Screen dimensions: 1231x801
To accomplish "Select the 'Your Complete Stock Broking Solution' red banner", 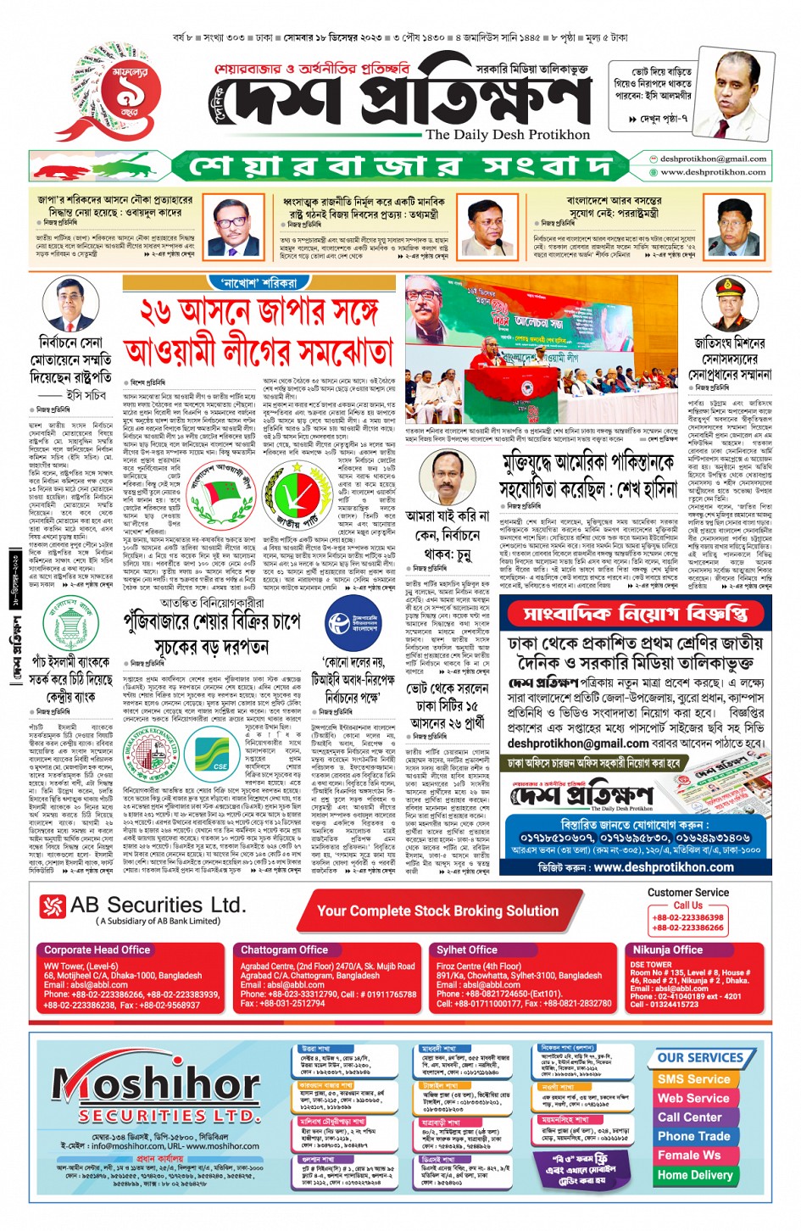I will coord(437,911).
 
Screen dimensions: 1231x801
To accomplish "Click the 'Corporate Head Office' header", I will coord(97,950).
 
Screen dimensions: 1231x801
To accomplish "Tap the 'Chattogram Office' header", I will coord(284,950).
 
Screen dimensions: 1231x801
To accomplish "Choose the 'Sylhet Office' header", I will coord(466,950).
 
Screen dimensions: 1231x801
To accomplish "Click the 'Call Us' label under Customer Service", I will coord(687,905).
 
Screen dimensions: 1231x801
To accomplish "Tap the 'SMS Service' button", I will coord(693,1079).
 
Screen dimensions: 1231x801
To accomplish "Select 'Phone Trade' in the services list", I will coord(693,1136).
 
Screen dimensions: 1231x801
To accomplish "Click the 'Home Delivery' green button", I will coord(694,1175).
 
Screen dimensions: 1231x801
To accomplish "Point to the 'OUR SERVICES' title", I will coord(700,1058).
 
